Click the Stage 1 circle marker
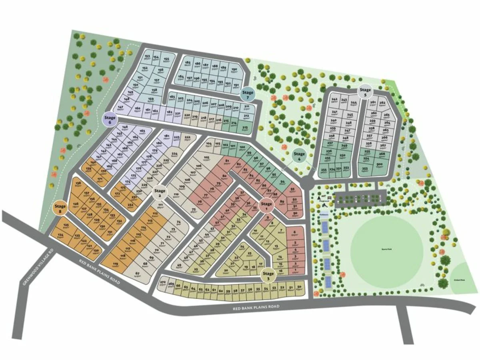tap(266, 206)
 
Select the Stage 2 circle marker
tap(160, 193)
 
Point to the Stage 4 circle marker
tap(299, 155)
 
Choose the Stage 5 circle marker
tap(365, 92)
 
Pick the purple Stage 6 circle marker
tap(110, 120)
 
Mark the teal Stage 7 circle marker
tap(248, 94)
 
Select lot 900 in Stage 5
tap(379, 165)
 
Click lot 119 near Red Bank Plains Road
tap(116, 264)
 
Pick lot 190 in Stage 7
tap(234, 69)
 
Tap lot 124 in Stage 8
tap(61, 235)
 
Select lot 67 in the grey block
tap(138, 274)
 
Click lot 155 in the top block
tap(166, 59)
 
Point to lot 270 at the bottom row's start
tap(163, 283)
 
